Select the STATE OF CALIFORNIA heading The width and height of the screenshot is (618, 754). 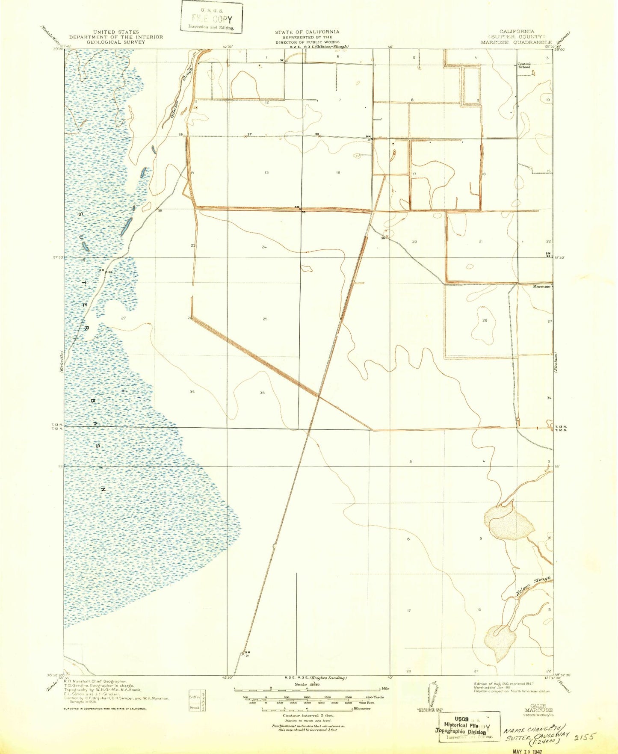tap(307, 32)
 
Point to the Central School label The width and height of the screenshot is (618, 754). tap(524, 65)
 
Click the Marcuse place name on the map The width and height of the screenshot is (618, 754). tap(541, 286)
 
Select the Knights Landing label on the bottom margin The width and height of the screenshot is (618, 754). tap(328, 678)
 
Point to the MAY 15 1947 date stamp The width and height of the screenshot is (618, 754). tap(530, 750)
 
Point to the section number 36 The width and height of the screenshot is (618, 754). tap(262, 392)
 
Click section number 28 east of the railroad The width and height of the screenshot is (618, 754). tap(485, 320)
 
